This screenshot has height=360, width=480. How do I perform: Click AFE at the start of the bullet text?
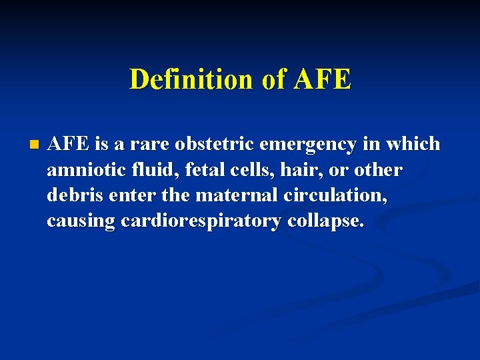coord(65,144)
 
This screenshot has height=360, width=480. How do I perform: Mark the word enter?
coord(130,196)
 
